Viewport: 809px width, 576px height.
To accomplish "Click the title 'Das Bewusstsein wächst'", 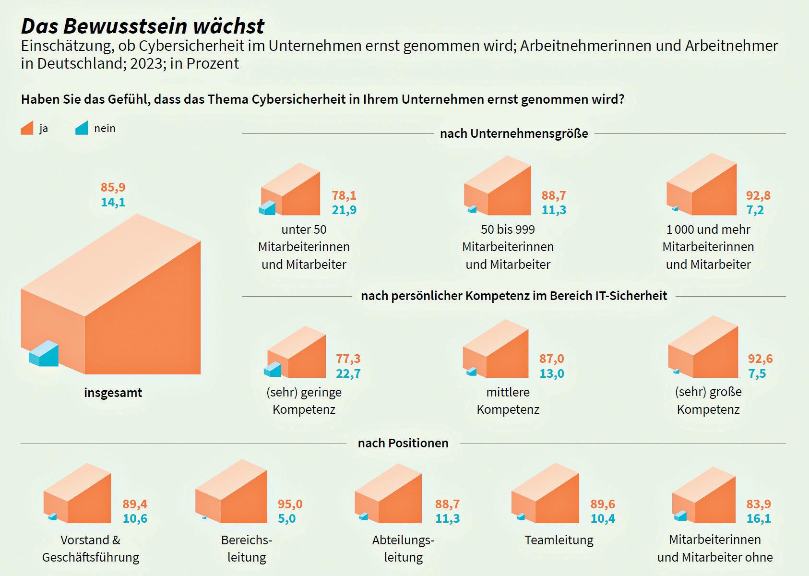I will [143, 26].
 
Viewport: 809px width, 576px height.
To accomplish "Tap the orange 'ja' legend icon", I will [27, 128].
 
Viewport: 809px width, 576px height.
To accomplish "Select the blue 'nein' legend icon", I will [82, 128].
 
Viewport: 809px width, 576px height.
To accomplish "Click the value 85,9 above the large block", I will [113, 187].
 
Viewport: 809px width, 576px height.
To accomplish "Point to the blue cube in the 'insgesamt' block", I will [44, 354].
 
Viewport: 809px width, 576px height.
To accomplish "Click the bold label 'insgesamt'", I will [113, 393].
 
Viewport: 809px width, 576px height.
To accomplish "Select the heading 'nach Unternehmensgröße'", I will [514, 133].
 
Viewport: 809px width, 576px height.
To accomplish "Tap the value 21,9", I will [344, 210].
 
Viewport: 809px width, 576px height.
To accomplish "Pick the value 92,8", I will [758, 195].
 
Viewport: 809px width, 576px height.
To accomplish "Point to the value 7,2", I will [755, 210].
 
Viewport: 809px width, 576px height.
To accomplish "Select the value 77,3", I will [348, 359].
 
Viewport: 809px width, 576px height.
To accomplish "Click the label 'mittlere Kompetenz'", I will [508, 401].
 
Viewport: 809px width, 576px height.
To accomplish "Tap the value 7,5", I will [757, 373].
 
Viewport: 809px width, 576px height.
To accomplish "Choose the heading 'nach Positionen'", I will [403, 443].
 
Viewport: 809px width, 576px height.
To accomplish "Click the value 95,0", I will [290, 504].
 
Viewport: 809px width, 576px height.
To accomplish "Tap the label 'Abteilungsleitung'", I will [403, 549].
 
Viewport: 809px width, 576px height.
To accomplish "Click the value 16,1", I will [758, 518].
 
